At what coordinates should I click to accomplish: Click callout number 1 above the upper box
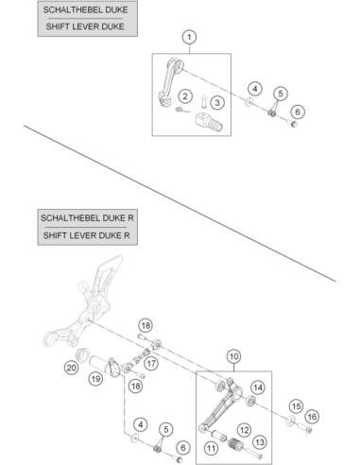[189, 37]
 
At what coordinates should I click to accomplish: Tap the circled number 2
[185, 96]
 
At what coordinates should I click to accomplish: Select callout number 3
[217, 103]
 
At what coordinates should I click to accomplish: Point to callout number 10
[233, 356]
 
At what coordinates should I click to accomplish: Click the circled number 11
[211, 448]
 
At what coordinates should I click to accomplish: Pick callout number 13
[260, 442]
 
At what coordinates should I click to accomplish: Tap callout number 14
[258, 387]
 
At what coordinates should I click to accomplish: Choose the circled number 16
[312, 417]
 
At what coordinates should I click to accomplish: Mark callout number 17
[151, 364]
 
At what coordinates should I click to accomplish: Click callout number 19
[95, 378]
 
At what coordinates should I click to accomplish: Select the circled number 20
[71, 368]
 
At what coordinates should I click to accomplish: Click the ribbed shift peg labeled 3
[209, 122]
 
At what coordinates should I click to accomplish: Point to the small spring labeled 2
[182, 110]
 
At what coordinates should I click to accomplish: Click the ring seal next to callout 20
[83, 355]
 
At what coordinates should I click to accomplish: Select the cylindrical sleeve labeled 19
[104, 366]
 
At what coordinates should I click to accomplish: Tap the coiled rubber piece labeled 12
[235, 444]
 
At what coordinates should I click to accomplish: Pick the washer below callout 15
[291, 421]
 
